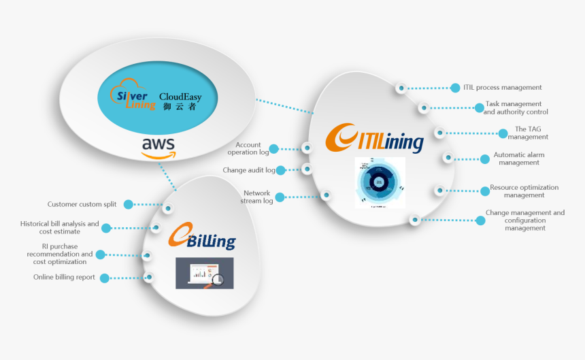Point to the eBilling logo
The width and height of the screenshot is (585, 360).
pos(202,238)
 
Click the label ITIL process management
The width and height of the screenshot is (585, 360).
pos(502,87)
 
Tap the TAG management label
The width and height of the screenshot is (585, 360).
pos(528,133)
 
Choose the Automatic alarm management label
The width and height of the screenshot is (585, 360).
pos(518,159)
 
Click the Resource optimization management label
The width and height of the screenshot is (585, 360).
pos(524,191)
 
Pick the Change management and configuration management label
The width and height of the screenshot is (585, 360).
pos(524,220)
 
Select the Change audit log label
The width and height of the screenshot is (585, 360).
pos(249,170)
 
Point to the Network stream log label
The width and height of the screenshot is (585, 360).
pos(256,197)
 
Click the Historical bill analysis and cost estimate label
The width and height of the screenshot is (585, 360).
pos(59,227)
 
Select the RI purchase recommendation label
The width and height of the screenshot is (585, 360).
pos(60,254)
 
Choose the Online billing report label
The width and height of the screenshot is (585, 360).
pos(64,277)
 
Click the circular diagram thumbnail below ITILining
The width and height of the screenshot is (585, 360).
pos(380,182)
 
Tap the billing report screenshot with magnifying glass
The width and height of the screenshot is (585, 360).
pos(204,273)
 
